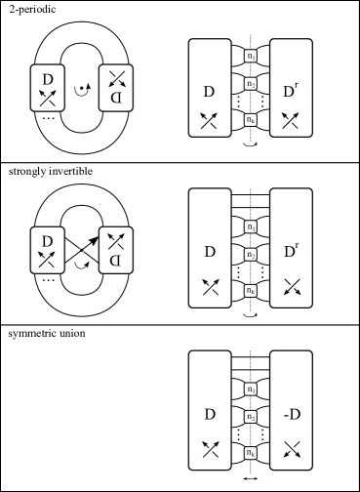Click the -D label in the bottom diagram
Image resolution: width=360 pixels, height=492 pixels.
(x=291, y=415)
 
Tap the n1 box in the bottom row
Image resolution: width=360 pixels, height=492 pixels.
(x=251, y=389)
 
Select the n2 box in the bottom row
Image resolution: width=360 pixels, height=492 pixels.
(x=251, y=417)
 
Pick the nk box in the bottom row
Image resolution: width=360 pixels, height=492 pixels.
(x=251, y=453)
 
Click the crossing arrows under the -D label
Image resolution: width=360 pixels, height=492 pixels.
(x=291, y=449)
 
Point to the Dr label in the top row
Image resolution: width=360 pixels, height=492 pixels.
(x=290, y=92)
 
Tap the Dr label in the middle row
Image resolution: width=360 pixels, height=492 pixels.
(x=290, y=252)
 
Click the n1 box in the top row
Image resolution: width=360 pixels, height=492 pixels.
(x=251, y=56)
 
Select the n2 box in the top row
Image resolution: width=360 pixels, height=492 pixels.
(x=251, y=83)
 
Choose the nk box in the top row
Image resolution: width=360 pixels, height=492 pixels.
(x=251, y=119)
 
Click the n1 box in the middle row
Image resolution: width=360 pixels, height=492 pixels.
(x=251, y=227)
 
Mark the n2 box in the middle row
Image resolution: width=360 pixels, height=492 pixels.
(x=251, y=255)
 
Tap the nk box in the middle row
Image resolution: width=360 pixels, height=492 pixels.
(x=251, y=291)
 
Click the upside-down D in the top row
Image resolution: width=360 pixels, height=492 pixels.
(x=116, y=98)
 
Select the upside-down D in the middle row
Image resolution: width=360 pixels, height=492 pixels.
(x=116, y=261)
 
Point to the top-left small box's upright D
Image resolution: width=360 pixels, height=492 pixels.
(x=47, y=79)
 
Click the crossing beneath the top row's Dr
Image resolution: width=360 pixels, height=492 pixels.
(x=291, y=120)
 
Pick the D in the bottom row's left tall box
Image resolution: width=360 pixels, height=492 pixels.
(x=210, y=415)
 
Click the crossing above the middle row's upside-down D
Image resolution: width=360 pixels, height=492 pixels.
(x=116, y=240)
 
